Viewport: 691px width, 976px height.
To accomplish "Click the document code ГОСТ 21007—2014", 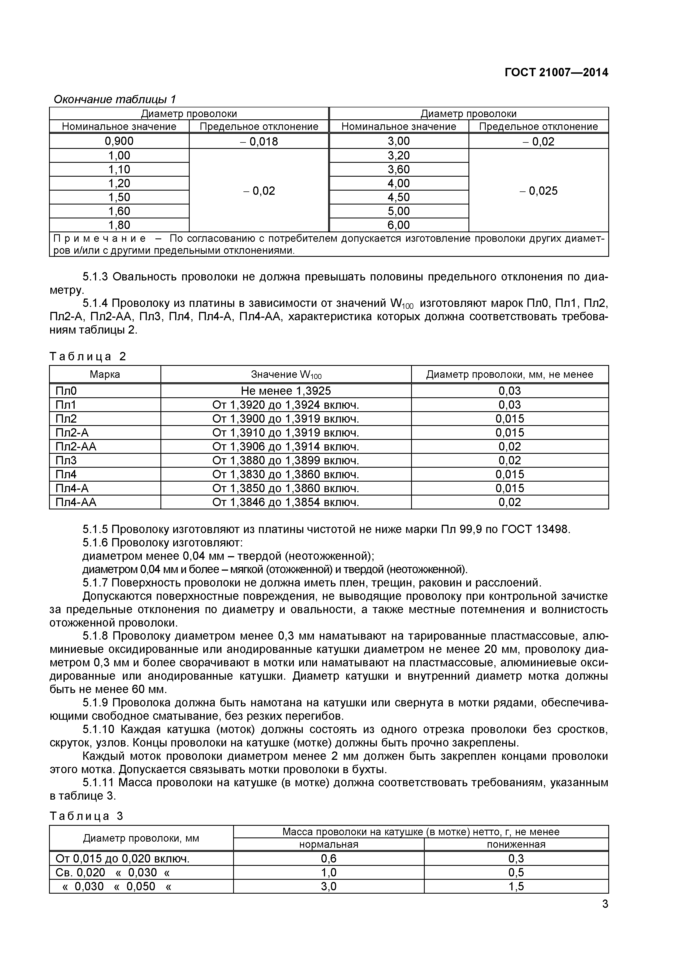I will coord(556,73).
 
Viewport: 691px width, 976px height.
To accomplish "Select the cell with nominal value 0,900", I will coord(119,141).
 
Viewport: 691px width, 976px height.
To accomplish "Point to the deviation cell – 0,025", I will coord(538,191).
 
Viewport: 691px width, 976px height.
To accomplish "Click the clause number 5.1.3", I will coord(97,277).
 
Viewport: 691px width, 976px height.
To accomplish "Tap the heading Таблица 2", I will coord(88,356).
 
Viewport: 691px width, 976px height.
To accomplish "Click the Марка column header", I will coord(105,374).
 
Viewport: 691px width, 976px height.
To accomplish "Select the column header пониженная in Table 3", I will coord(516,844).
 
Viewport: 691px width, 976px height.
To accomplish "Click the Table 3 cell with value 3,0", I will coord(328,886).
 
